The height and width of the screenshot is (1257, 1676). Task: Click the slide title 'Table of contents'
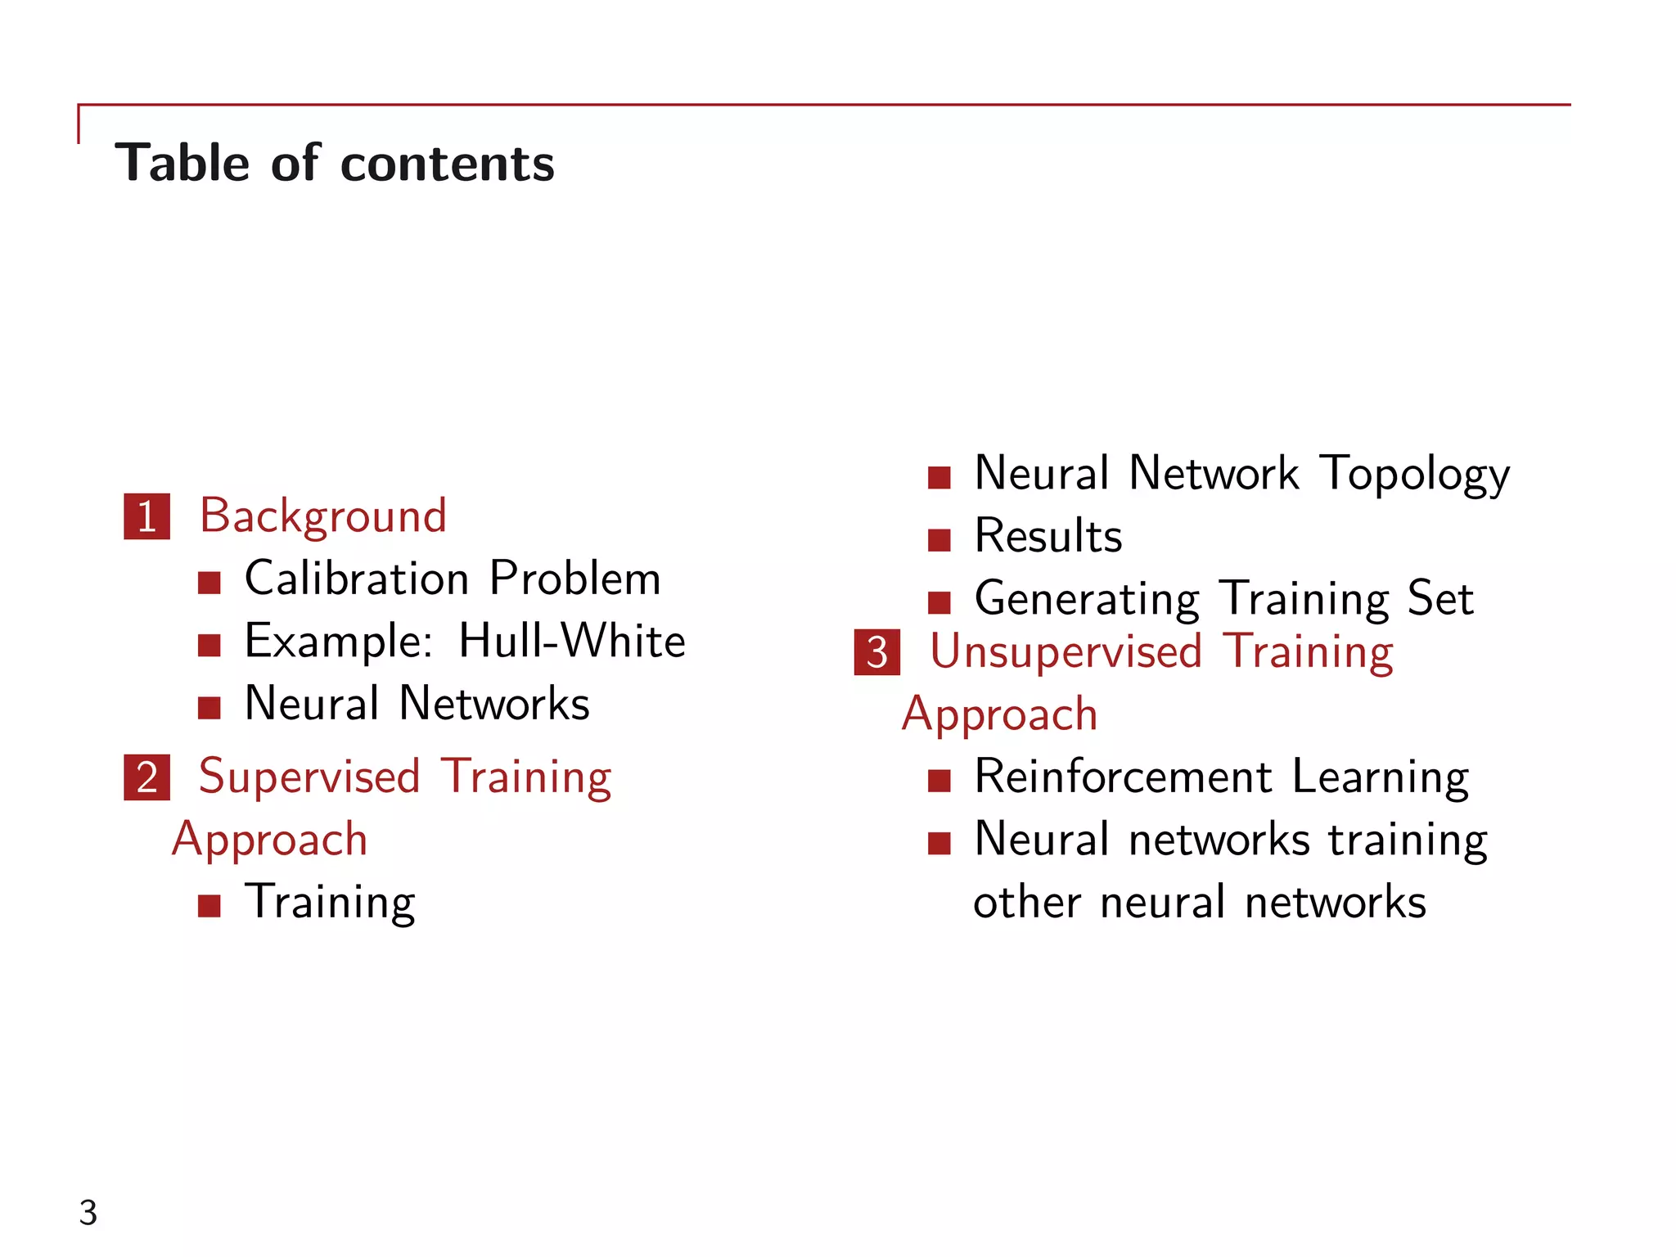coord(335,163)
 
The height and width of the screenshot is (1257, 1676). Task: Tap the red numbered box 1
coord(147,516)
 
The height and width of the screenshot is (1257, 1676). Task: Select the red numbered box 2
coord(147,777)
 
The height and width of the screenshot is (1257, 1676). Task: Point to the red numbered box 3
coord(876,652)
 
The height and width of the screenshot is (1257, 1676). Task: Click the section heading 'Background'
coord(323,516)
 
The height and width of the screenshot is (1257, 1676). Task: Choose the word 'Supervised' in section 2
coord(309,777)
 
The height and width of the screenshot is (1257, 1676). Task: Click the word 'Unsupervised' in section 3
coord(1066,652)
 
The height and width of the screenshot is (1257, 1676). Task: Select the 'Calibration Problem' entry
coord(453,579)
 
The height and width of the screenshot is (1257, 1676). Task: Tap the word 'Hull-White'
coord(571,641)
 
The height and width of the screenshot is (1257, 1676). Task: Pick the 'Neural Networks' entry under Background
coord(417,704)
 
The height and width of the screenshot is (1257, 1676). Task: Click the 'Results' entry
coord(1048,536)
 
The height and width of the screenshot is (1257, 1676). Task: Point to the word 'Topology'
coord(1414,475)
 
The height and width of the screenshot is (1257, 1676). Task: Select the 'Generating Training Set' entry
coord(1224,598)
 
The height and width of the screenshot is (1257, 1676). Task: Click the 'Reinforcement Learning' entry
coord(1222,777)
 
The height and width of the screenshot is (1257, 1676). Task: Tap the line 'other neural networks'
coord(1200,902)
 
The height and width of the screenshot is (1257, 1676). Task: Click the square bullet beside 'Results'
coord(939,540)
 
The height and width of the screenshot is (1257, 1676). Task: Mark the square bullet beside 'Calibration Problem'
coord(209,583)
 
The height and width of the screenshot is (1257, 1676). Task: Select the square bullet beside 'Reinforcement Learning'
coord(939,781)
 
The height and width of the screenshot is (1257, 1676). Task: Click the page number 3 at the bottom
coord(88,1213)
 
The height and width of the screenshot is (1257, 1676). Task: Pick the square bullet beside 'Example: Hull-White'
coord(209,646)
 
